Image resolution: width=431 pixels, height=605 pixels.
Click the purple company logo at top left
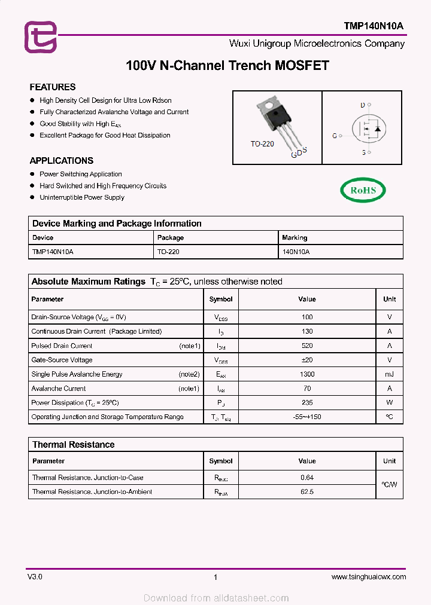[40, 36]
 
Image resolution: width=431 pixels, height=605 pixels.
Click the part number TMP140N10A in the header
[374, 26]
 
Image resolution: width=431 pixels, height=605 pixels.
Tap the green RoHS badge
[363, 190]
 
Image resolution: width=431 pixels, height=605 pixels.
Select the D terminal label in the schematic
[362, 105]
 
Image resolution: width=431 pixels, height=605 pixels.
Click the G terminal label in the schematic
[335, 136]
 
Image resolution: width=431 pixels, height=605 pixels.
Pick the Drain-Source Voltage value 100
[307, 317]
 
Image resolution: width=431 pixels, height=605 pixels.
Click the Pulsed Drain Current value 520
[307, 346]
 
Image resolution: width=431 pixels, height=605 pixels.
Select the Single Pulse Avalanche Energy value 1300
[307, 374]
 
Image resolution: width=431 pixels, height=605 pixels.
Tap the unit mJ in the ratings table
[389, 374]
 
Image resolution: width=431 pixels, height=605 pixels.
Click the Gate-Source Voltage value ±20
[307, 360]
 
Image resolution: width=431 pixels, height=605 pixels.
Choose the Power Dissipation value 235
[307, 403]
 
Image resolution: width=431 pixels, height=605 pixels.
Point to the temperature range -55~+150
[307, 417]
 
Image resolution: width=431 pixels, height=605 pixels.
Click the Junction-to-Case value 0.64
[307, 478]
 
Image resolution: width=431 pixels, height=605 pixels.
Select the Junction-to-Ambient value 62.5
[307, 492]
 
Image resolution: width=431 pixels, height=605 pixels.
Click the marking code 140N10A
[296, 252]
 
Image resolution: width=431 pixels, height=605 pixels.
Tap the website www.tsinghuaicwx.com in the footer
[368, 577]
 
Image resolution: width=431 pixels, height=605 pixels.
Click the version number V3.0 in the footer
[35, 577]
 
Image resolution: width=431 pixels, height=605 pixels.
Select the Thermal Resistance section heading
[73, 445]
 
